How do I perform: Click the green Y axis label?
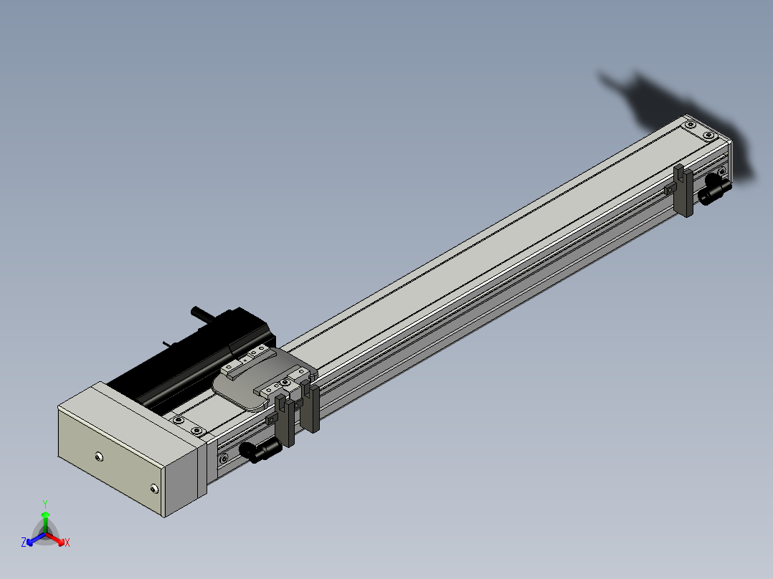pos(45,504)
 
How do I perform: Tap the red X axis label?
pos(67,542)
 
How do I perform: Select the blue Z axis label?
pos(24,542)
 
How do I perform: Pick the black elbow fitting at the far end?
pos(714,189)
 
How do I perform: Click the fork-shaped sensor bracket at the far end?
pos(683,191)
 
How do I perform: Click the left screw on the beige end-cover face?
pos(99,457)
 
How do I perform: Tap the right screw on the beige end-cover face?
pos(154,488)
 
